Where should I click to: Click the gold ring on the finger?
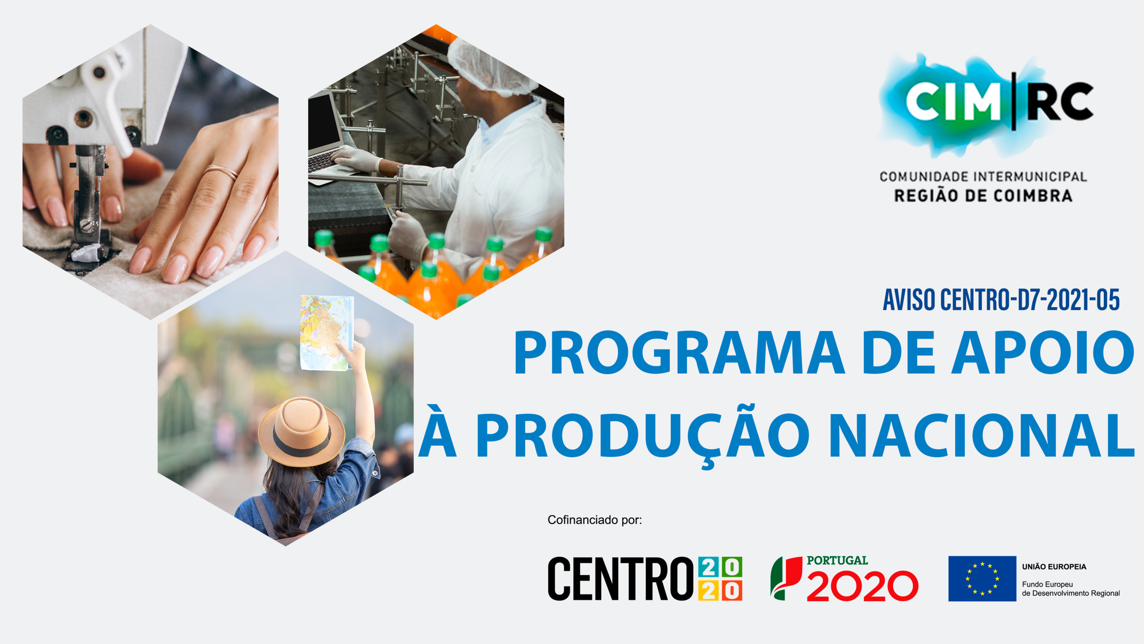222,172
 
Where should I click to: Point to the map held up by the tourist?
327,333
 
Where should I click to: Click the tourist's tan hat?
302,432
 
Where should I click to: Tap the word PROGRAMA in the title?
679,352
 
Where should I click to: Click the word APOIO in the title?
1043,352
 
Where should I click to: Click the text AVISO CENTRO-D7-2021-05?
1001,300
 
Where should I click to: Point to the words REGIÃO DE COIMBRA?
983,196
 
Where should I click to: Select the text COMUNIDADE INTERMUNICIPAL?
983,177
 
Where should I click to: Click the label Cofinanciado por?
595,520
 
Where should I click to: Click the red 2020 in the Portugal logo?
862,586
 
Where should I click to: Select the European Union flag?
982,579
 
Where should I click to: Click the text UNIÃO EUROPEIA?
1054,567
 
